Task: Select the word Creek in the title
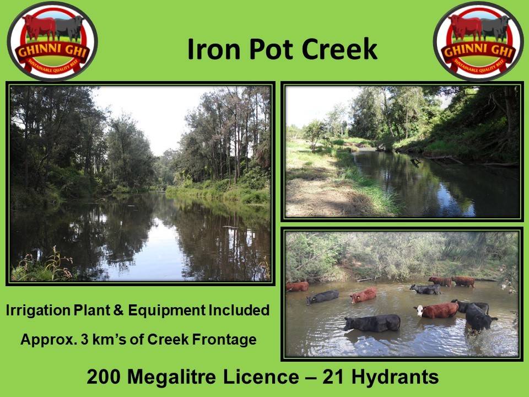point(339,49)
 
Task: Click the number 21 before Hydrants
point(333,377)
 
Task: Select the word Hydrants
point(395,377)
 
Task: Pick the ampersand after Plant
point(118,310)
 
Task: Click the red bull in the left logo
point(40,27)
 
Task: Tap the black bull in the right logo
point(495,28)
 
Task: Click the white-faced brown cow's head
point(419,310)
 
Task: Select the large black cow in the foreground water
point(373,323)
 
